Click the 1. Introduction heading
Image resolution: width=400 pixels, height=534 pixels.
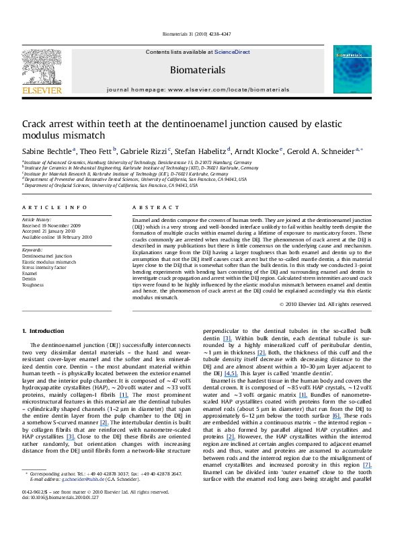44,332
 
